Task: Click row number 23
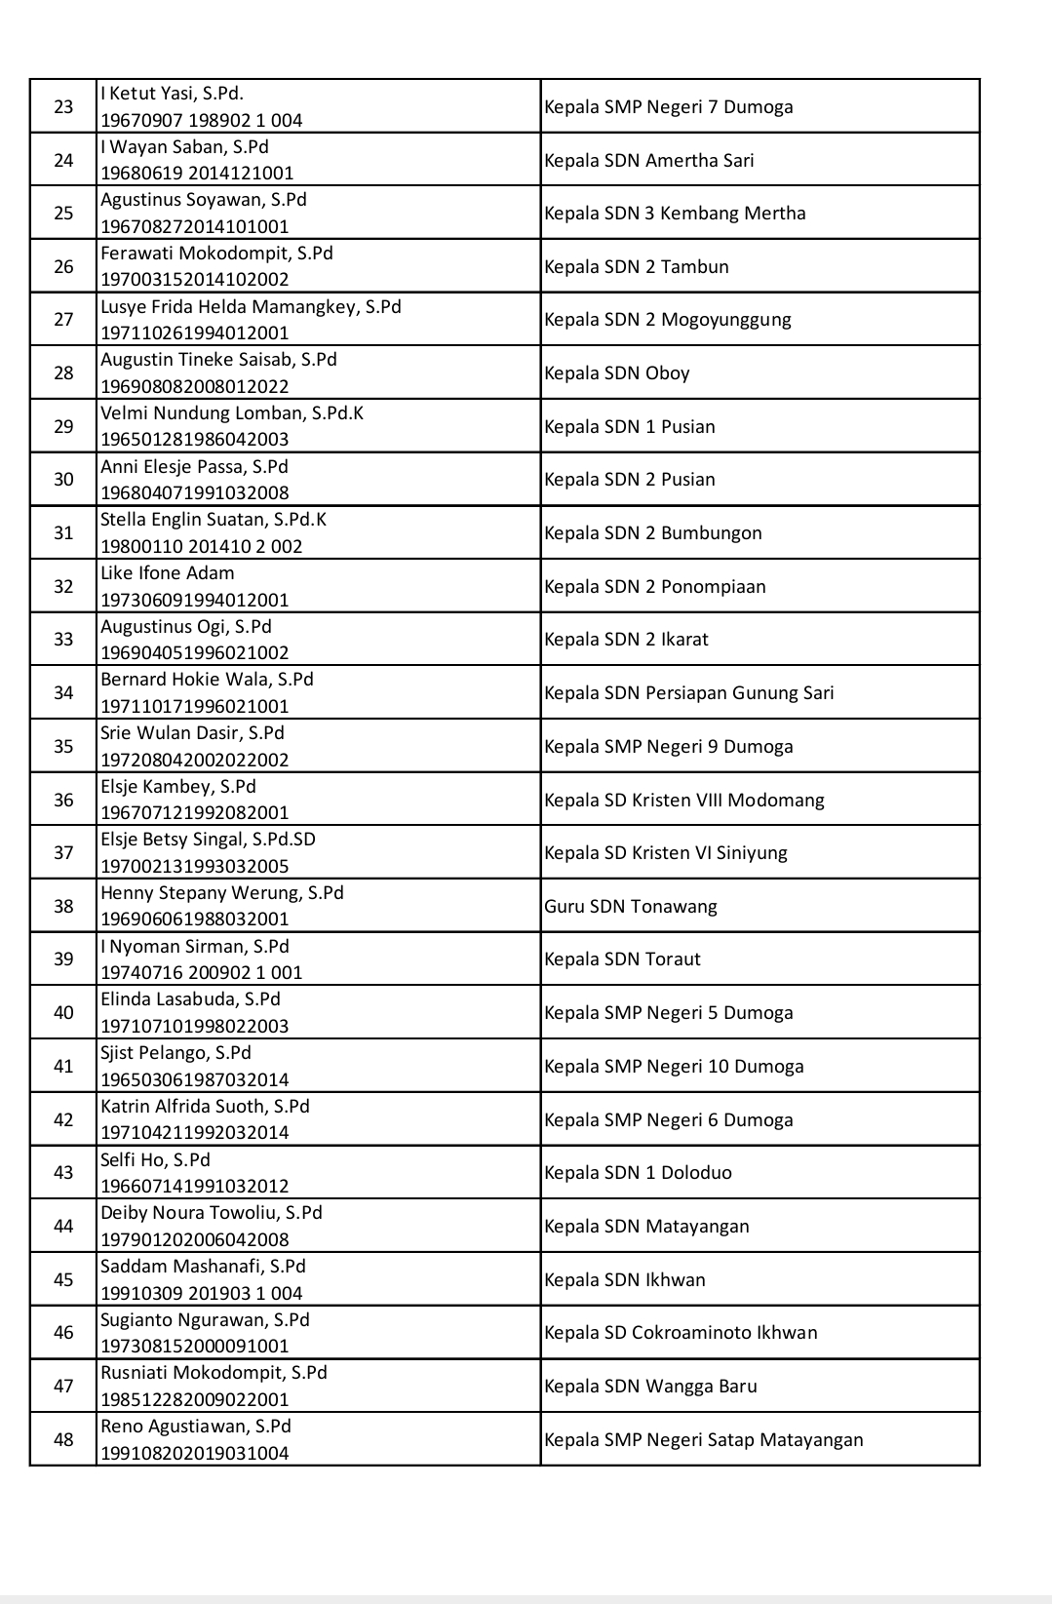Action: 63,106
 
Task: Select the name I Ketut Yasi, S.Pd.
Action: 172,94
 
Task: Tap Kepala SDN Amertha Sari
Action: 648,160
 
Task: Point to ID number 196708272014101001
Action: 195,226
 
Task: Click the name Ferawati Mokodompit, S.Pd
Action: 216,253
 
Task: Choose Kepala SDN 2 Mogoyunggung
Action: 667,320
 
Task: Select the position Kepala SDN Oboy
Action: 616,372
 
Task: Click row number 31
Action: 63,532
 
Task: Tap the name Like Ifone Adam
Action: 167,573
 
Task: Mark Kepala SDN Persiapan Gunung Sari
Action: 688,693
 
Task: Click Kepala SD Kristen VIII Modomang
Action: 683,800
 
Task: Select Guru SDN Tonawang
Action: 630,906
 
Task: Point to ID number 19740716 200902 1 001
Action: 202,972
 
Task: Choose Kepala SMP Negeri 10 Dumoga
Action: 674,1066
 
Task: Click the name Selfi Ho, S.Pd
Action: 155,1159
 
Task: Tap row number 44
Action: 63,1226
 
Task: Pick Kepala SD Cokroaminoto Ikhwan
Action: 681,1332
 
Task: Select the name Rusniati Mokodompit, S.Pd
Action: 214,1372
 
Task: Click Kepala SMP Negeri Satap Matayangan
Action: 703,1439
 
